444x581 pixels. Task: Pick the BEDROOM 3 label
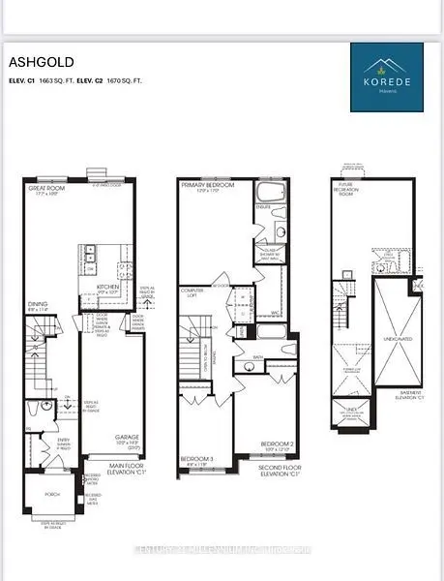pyautogui.click(x=198, y=459)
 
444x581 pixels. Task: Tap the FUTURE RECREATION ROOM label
pyautogui.click(x=348, y=188)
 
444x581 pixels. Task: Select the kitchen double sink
pyautogui.click(x=88, y=254)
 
